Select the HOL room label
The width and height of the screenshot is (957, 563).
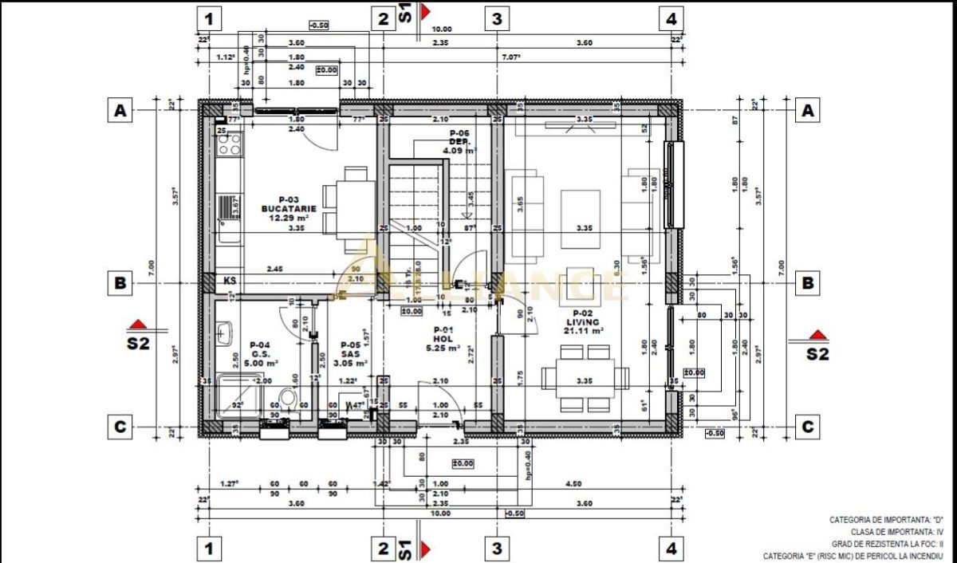point(443,339)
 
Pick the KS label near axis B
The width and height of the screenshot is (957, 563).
point(230,281)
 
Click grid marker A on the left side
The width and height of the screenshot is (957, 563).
point(120,112)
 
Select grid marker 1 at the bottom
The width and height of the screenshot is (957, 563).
point(209,548)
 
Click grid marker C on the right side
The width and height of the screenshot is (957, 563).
point(808,427)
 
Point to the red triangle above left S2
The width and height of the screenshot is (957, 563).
point(139,325)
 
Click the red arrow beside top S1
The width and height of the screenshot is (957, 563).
point(426,12)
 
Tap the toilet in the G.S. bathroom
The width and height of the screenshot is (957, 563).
point(288,398)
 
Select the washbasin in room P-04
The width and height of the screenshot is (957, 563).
point(224,333)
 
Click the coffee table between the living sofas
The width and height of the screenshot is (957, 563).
point(581,208)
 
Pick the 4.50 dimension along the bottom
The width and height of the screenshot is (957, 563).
point(572,483)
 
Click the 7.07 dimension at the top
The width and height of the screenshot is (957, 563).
point(510,57)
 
